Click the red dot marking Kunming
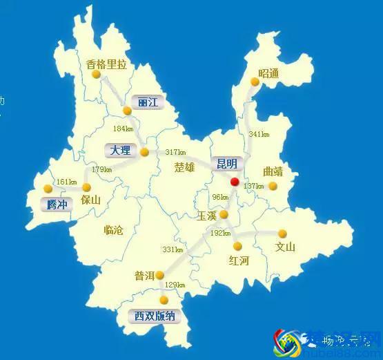235,182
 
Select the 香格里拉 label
107,65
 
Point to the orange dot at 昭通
255,82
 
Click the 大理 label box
121,150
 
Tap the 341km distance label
259,134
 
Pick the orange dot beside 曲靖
273,186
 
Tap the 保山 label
90,200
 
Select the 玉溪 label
206,216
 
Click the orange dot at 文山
282,234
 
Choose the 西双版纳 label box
155,317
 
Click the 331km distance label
171,249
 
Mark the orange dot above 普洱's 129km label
159,275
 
